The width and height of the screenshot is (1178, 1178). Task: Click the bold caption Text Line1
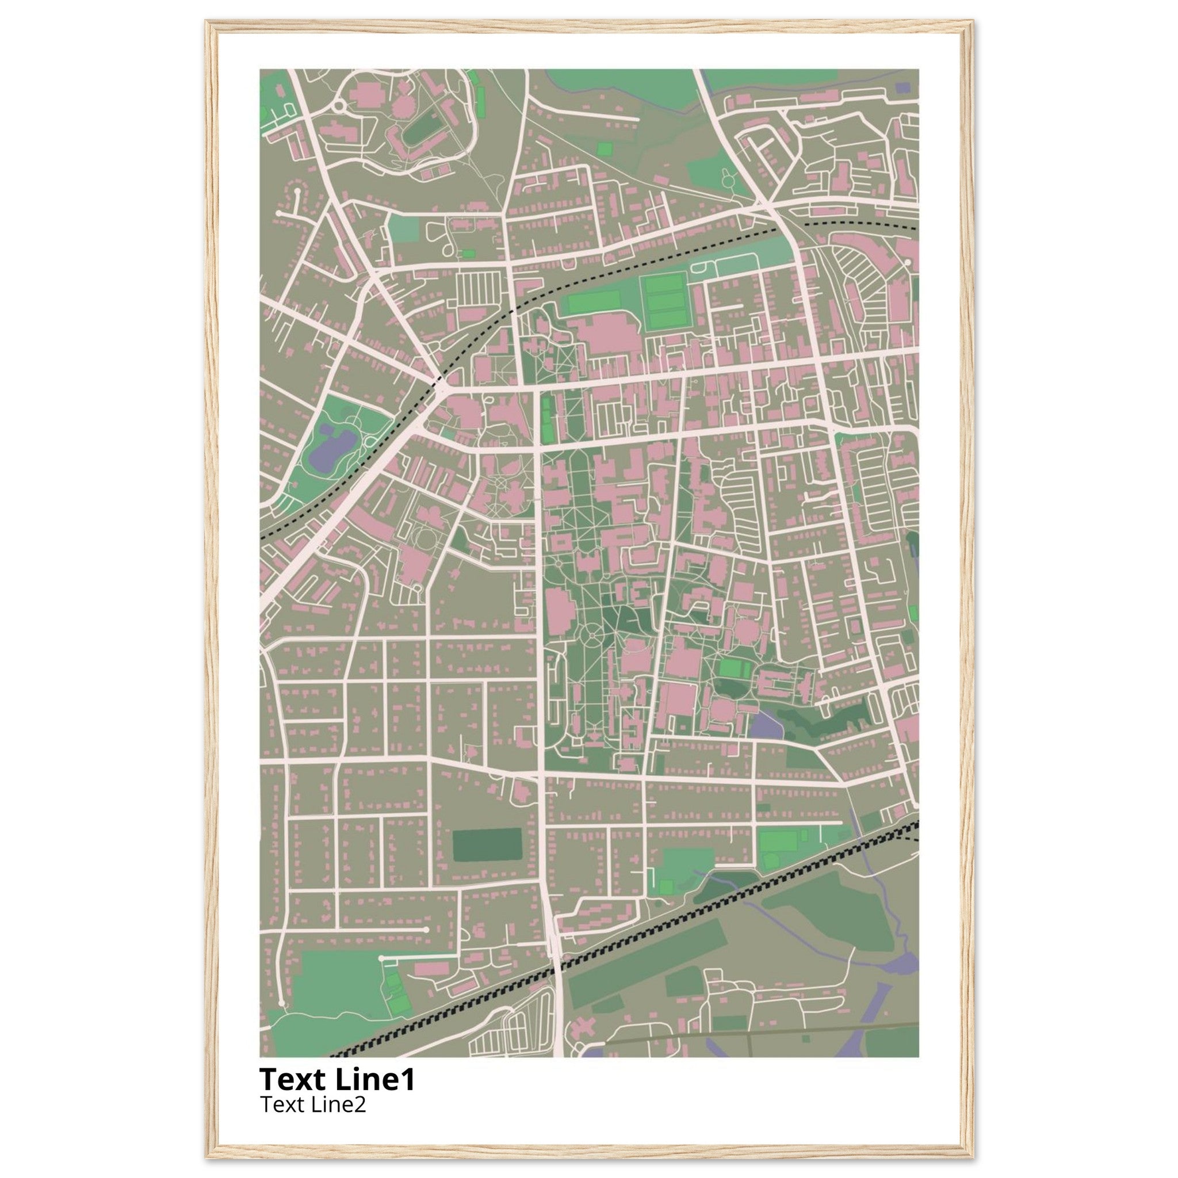click(x=337, y=1078)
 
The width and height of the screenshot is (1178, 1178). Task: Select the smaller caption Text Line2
click(x=313, y=1104)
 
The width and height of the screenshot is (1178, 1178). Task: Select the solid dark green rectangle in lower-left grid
click(x=487, y=844)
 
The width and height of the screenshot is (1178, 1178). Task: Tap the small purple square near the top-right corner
click(x=902, y=88)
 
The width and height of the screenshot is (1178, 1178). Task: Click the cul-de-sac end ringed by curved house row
click(x=297, y=192)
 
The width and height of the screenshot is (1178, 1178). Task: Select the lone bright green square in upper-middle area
click(x=605, y=149)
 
